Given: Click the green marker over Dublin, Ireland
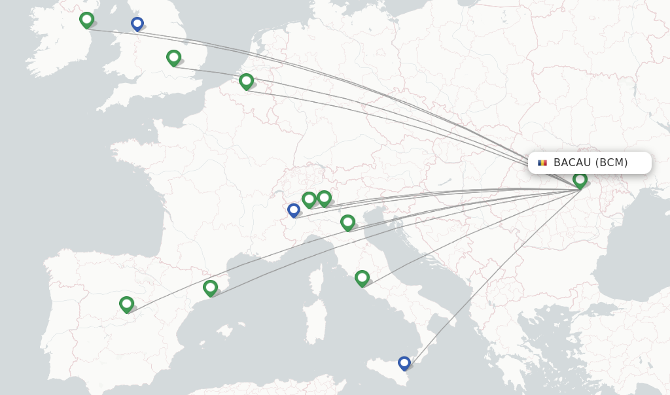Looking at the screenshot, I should (86, 20).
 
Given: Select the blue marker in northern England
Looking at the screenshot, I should (137, 24).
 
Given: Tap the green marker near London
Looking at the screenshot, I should (173, 58).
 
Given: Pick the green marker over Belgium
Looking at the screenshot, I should (246, 81).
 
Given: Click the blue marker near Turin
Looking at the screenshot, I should (294, 210).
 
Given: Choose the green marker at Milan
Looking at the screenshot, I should (309, 199).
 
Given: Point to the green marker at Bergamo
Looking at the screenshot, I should (324, 197).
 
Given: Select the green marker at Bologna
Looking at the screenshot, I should (347, 222).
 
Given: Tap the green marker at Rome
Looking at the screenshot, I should (362, 278).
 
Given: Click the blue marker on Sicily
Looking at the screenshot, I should (404, 362).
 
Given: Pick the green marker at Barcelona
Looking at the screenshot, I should (210, 287).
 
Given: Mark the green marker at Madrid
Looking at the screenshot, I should (126, 304).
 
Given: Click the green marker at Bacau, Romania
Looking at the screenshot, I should (580, 179).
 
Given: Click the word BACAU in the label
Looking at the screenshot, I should (572, 163).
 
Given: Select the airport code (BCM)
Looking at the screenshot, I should (611, 163).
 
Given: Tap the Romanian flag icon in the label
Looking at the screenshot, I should (542, 163).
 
